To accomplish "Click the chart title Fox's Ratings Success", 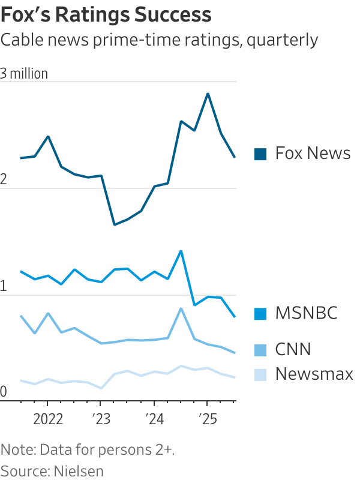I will pos(106,14).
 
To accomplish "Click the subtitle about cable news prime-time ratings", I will pos(159,40).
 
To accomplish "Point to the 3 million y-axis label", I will pos(25,74).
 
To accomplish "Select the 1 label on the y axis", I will pos(4,286).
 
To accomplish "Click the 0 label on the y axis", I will pos(4,392).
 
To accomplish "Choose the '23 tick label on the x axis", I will pos(100,418).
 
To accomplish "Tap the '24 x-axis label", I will pos(154,418).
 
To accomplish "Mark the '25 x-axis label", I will pos(207,418).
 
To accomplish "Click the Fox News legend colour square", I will pos(260,154).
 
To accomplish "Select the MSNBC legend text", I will pos(306,313).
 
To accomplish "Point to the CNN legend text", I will pos(293,349).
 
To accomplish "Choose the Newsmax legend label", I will pos(314,374).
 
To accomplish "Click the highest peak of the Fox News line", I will pos(208,94).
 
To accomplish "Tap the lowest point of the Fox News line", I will pos(114,225).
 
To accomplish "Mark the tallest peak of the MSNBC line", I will pos(181,251).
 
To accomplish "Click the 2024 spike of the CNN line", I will pos(181,308).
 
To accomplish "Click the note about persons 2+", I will pos(88,449).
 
